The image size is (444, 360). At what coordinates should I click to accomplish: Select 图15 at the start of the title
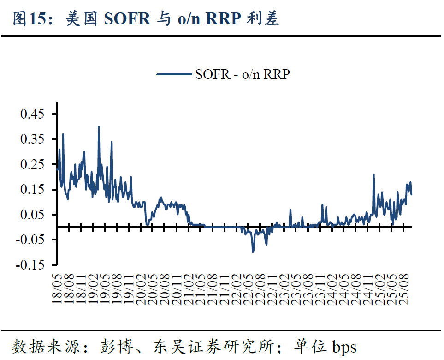point(29,19)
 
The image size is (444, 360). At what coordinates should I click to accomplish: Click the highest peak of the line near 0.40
point(99,127)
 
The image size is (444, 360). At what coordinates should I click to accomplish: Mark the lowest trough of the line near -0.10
point(253,252)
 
